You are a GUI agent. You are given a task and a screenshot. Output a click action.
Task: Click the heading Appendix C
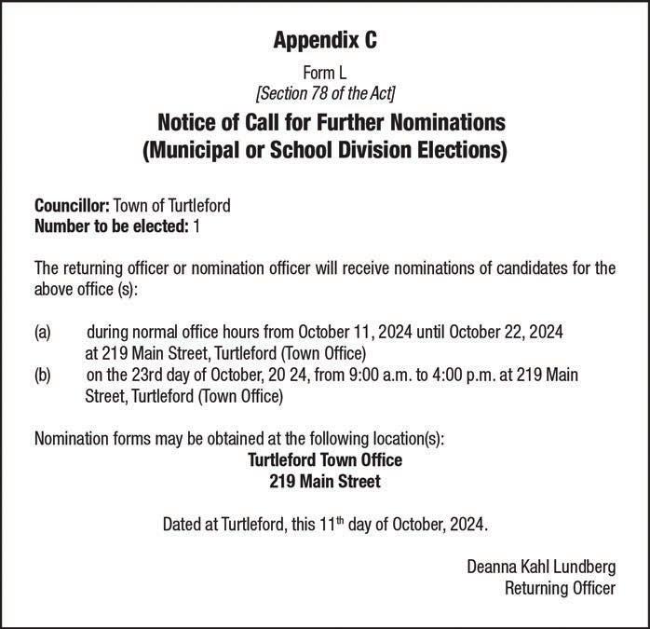tap(325, 40)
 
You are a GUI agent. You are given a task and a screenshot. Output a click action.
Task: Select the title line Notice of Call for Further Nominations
tap(325, 122)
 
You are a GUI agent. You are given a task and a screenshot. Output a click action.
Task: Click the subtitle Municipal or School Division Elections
tap(325, 151)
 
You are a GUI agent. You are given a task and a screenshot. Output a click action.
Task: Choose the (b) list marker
tap(43, 376)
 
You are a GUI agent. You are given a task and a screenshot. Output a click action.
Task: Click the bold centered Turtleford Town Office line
tap(324, 460)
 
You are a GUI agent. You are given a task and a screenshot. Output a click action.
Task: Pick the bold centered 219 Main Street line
tap(324, 482)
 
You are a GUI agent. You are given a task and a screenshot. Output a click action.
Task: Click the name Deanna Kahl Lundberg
tap(540, 567)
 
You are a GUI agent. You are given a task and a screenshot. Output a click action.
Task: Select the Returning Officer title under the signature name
tap(559, 588)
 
